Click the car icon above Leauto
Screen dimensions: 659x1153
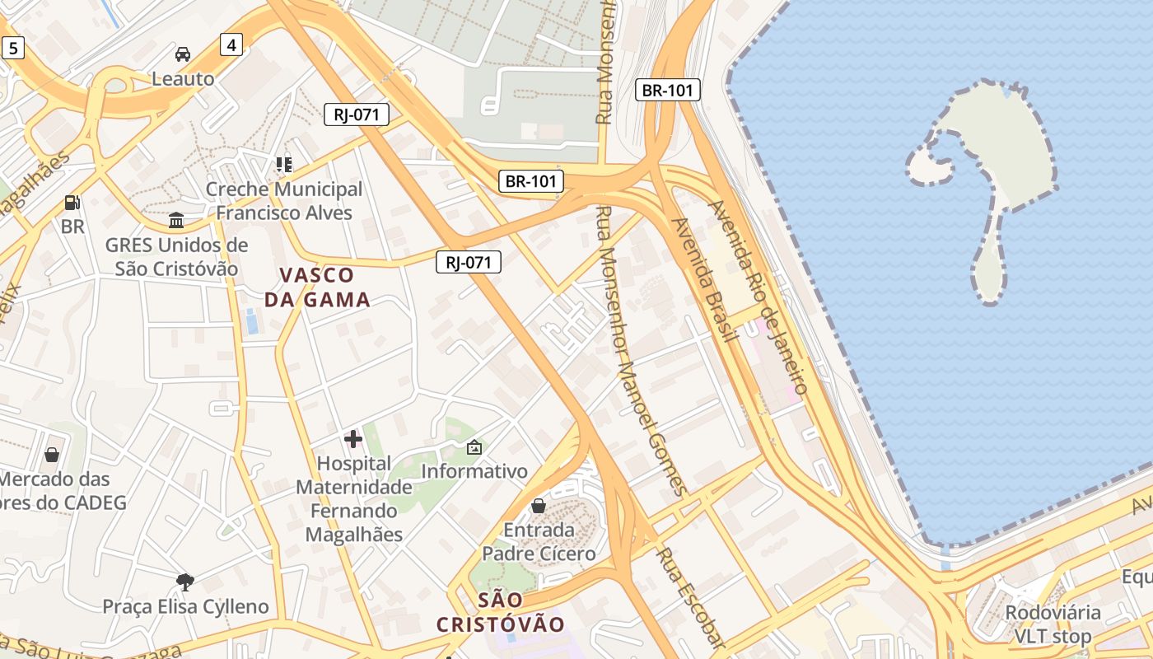tap(183, 55)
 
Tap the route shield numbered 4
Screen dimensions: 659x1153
tap(231, 44)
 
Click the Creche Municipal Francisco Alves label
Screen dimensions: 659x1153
tap(283, 201)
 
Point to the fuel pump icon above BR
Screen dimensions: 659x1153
tap(72, 203)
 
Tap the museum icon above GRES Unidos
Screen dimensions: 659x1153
tap(176, 221)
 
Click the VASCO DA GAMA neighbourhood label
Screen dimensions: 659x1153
tap(317, 287)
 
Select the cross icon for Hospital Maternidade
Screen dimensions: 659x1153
tap(353, 439)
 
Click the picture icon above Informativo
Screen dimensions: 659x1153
tap(474, 447)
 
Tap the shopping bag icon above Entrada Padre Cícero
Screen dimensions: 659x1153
tap(539, 505)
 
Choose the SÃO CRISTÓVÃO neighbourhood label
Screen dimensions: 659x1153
tap(501, 612)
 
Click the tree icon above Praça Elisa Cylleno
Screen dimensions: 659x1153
tap(185, 582)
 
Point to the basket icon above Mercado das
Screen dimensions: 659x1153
tap(52, 454)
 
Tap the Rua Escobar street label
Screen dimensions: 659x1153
tap(691, 598)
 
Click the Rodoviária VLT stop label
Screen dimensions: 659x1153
tap(1052, 624)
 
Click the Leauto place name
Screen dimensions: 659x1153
tap(183, 79)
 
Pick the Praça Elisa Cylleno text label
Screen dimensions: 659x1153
tap(185, 607)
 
